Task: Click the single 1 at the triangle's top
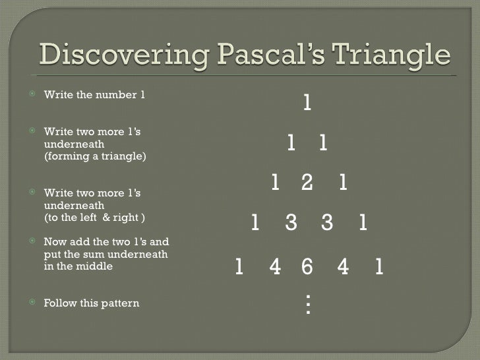pyautogui.click(x=307, y=103)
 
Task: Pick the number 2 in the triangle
pyautogui.click(x=307, y=183)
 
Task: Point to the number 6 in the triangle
pyautogui.click(x=307, y=267)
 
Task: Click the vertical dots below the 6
pyautogui.click(x=307, y=303)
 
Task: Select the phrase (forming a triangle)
pyautogui.click(x=95, y=157)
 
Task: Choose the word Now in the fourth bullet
pyautogui.click(x=53, y=242)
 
